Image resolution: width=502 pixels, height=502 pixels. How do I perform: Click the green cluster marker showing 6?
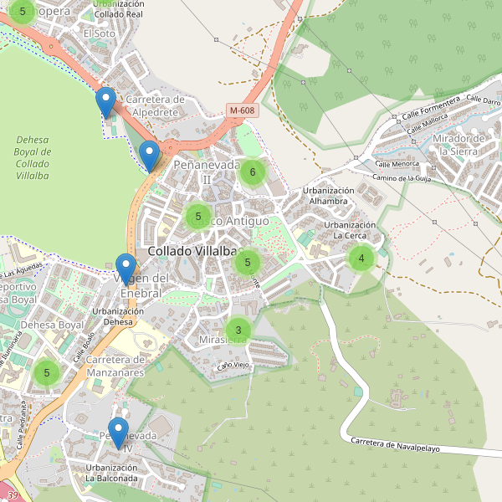tap(252, 172)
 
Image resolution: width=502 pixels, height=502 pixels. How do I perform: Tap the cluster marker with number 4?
tap(361, 259)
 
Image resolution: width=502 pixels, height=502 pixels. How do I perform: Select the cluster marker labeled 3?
tap(238, 330)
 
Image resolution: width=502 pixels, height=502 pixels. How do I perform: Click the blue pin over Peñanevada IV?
tap(118, 433)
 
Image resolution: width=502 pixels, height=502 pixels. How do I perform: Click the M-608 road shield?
tap(242, 110)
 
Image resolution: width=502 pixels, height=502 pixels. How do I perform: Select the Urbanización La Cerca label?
tap(350, 230)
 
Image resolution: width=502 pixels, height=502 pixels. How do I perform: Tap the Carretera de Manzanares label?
tap(117, 365)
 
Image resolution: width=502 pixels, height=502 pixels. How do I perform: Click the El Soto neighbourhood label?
tap(99, 33)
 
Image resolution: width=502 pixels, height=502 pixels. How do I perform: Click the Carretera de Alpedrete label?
tap(155, 105)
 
